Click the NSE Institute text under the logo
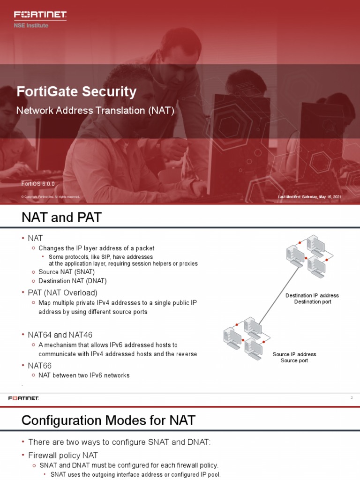pos(31,25)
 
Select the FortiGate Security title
pos(76,91)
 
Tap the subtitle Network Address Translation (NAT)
pos(95,111)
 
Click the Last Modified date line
pos(309,197)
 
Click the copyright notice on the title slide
pos(50,197)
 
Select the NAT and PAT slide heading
pos(61,217)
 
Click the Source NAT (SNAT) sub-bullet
pos(67,272)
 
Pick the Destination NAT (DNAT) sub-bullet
pos(73,281)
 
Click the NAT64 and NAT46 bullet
pos(60,335)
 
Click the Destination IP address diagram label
pos(312,296)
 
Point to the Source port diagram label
pos(294,360)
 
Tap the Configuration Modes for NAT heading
pos(108,420)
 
